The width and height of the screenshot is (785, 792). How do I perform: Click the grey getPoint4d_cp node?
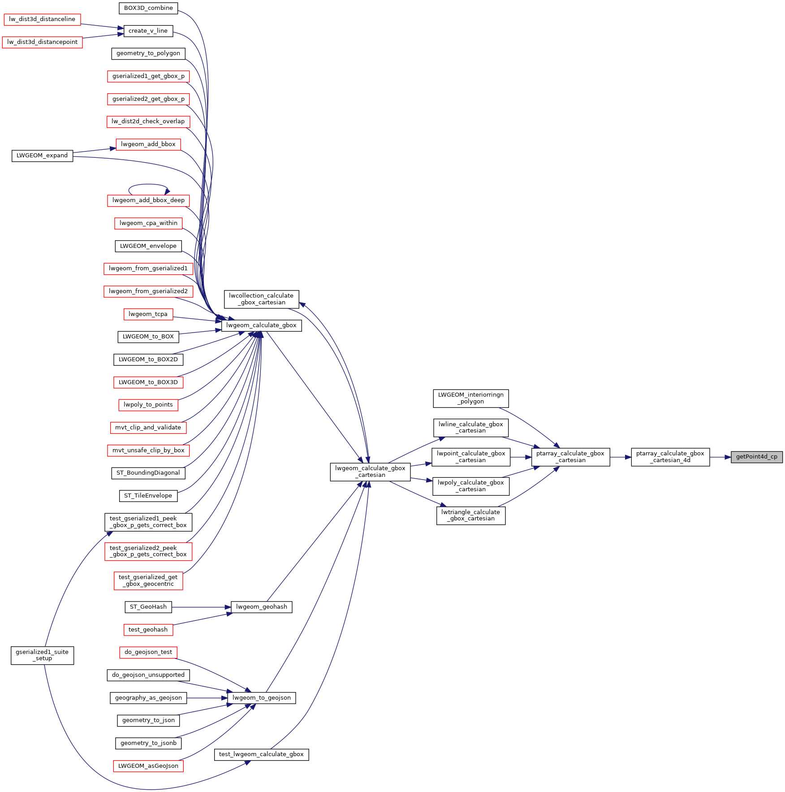coord(756,457)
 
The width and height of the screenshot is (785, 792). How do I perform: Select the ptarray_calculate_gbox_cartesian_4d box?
coord(670,457)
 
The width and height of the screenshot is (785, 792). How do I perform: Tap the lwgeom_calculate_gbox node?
coord(262,325)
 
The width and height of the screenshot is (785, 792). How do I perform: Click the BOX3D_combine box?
coord(148,8)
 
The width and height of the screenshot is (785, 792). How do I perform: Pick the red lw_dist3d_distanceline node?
coord(42,19)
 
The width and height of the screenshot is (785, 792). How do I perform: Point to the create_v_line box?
coord(148,31)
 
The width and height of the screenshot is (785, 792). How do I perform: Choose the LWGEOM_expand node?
coord(42,156)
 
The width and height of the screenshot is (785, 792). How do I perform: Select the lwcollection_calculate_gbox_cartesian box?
coord(261,299)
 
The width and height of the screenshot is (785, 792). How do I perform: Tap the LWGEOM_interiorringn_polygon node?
coord(471,398)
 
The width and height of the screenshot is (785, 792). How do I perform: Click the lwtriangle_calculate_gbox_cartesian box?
coord(471,515)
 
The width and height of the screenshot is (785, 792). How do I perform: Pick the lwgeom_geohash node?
coord(262,607)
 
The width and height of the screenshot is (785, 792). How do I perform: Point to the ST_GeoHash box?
coord(148,607)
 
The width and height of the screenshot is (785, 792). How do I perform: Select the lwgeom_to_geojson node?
coord(262,698)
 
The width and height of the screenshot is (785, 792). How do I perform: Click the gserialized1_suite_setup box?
coord(42,655)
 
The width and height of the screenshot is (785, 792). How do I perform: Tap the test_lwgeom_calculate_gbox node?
coord(262,754)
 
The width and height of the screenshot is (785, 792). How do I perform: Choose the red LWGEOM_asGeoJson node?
coord(148,766)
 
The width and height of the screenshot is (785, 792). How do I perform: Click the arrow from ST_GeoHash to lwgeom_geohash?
coord(201,607)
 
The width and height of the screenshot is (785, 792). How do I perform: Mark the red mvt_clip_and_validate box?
coord(148,428)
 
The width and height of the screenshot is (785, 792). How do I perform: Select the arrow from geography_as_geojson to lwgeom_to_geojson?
coord(207,698)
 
